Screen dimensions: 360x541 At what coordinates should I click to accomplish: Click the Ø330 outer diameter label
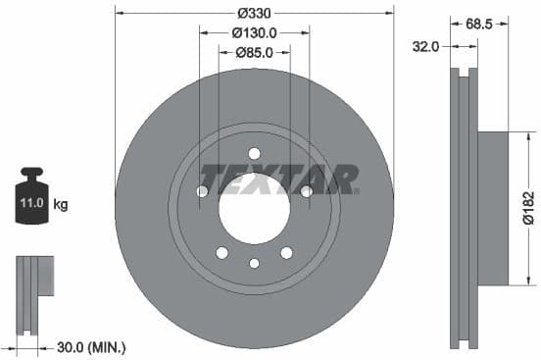tap(254, 13)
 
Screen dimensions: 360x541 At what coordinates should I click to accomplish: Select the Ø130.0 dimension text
tap(254, 32)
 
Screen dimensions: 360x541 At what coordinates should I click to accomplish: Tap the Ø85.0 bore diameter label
tap(254, 52)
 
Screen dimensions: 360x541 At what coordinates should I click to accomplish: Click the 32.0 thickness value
tap(425, 45)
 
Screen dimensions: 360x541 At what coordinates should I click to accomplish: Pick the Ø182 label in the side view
tap(529, 208)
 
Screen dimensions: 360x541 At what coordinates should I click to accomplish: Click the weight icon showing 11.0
tap(30, 200)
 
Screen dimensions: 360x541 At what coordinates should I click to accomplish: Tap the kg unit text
tap(61, 205)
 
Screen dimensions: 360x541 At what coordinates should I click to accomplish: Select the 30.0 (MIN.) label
tap(91, 347)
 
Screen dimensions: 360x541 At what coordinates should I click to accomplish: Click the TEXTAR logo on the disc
tap(279, 180)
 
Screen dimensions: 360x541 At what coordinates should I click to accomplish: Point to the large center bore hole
tap(254, 207)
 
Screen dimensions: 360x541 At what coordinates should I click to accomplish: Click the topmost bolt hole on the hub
tap(254, 152)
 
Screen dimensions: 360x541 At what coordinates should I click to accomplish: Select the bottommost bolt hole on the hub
tap(254, 263)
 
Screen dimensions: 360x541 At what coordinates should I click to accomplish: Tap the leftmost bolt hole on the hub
tap(202, 190)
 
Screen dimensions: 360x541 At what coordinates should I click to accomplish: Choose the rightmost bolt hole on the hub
tap(306, 190)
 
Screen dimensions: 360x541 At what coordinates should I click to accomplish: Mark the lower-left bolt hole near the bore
tap(221, 252)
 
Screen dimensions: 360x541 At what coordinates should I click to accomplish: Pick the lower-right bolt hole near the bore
tap(286, 252)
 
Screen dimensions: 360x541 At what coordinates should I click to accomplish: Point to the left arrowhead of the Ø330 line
tap(119, 13)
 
